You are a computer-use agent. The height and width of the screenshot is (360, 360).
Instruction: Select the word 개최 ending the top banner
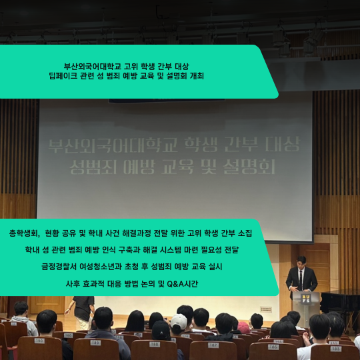pyautogui.click(x=195, y=77)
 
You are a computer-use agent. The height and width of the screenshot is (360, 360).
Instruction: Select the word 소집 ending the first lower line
pyautogui.click(x=243, y=234)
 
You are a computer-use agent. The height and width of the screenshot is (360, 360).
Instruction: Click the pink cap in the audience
pyautogui.click(x=243, y=326)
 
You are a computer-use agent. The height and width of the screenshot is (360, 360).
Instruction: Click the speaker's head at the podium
pyautogui.click(x=301, y=261)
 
